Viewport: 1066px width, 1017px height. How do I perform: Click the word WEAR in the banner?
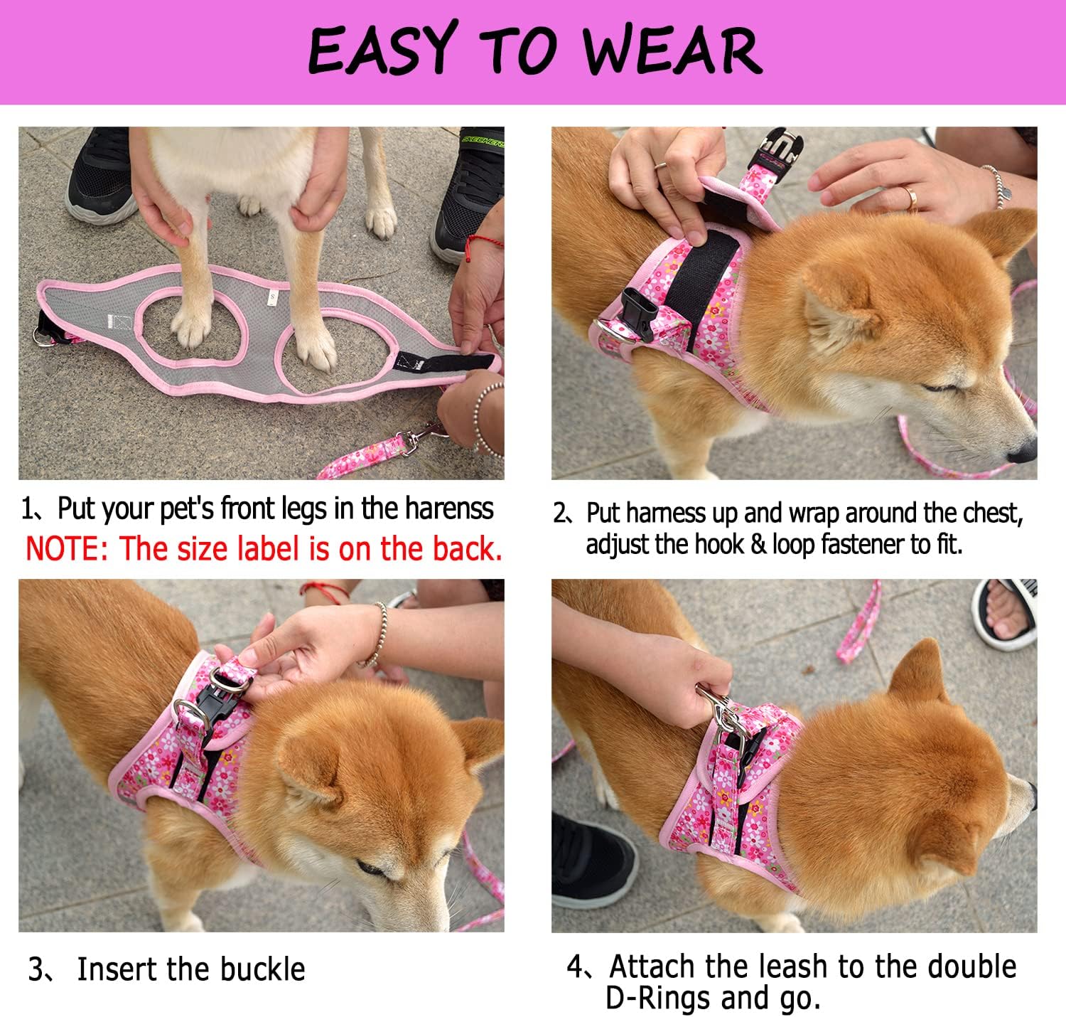672,50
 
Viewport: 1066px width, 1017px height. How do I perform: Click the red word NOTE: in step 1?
68,548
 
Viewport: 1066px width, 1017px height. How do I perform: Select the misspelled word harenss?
450,509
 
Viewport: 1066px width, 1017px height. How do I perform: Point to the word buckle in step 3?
262,969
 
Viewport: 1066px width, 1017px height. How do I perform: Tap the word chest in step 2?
994,512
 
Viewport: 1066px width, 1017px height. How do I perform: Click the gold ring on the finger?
912,196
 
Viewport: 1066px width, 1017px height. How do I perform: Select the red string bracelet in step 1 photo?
483,242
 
